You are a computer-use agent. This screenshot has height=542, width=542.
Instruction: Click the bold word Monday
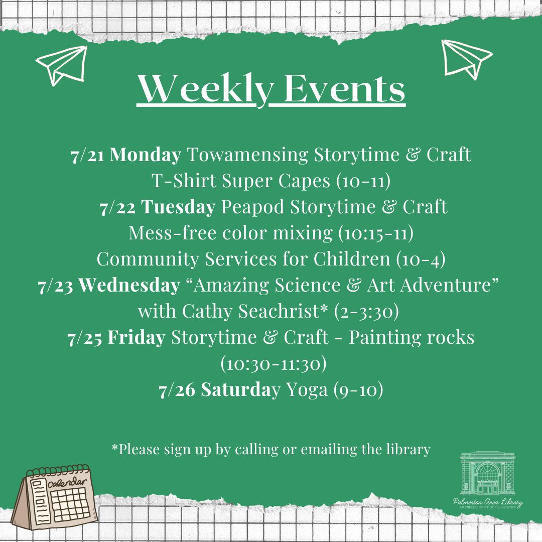coord(145,155)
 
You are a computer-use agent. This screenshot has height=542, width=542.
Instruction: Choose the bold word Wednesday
coord(129,286)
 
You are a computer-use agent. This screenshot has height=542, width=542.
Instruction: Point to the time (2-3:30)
coord(366,312)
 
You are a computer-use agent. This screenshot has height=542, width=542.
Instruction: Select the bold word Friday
coord(136,338)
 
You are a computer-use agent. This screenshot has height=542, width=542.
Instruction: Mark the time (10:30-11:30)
coord(274,364)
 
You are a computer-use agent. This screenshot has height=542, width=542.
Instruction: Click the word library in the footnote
coord(409,449)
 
